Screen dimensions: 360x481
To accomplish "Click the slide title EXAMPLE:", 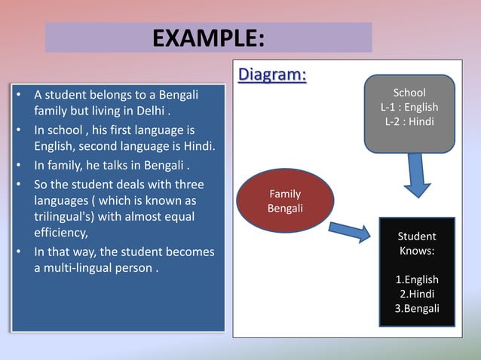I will pos(208,37).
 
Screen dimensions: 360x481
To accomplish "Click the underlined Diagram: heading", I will pos(272,75).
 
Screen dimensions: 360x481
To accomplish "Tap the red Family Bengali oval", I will pos(285,200).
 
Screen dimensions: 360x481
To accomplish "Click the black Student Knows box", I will pos(417,272).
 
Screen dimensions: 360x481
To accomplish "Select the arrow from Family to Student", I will pos(348,230).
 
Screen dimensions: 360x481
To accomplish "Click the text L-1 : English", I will pos(409,107).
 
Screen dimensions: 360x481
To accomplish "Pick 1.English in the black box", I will pos(417,279).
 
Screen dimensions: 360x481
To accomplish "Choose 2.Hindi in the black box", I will pos(417,294).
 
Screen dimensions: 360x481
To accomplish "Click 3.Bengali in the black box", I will pos(417,308).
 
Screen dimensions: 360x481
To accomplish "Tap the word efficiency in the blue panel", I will pos(61,233).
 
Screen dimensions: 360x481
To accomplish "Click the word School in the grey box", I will pos(409,93).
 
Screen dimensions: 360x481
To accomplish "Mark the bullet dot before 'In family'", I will pos(17,166).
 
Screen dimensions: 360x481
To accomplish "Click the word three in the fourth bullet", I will pos(188,185).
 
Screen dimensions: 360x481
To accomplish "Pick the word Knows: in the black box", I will pos(417,251).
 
